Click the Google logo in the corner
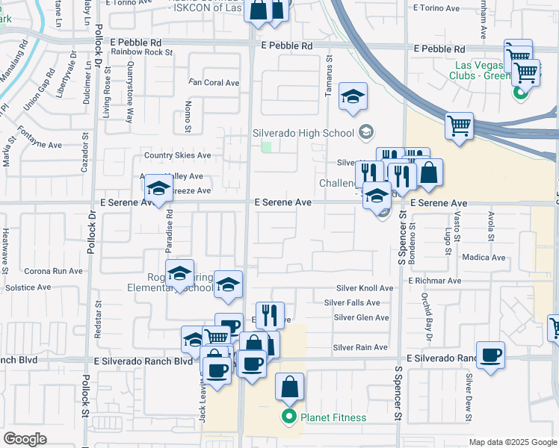click(25, 439)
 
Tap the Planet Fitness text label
click(333, 417)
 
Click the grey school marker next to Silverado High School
click(365, 133)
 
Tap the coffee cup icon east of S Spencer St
click(490, 355)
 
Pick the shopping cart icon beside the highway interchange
click(459, 125)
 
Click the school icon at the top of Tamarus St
click(353, 96)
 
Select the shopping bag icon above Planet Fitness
click(290, 387)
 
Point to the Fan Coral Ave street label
click(214, 82)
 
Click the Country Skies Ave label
click(178, 155)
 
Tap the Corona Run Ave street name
click(54, 271)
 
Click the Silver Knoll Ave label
click(364, 287)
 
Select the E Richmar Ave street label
click(435, 281)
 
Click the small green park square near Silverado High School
click(266, 146)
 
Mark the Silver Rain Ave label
click(360, 347)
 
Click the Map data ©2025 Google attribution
click(513, 442)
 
